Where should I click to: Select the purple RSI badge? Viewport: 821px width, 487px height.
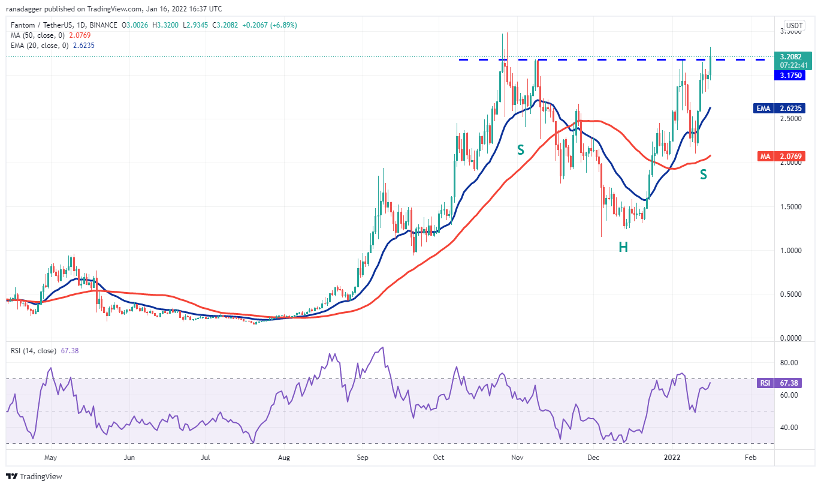pos(765,383)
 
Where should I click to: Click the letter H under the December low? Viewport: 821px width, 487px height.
pos(623,246)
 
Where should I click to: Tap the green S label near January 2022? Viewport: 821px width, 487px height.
pos(704,175)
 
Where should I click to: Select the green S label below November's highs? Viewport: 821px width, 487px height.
pos(521,149)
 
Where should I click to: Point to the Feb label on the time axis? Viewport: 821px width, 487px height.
pos(750,457)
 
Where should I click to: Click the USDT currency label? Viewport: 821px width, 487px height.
pos(794,25)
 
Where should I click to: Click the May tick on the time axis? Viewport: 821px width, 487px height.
pos(50,457)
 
